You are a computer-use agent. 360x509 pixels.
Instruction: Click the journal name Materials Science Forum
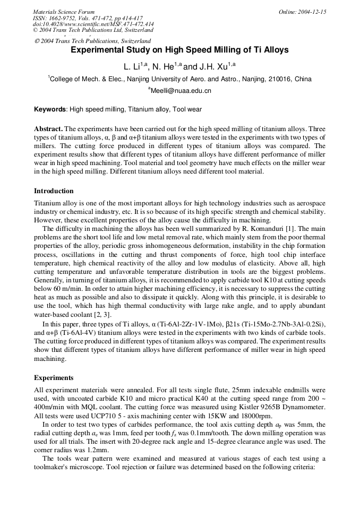coord(64,12)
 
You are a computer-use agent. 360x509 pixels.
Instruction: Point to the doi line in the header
coord(93,24)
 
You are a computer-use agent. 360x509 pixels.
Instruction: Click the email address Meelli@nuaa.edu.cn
coord(181,91)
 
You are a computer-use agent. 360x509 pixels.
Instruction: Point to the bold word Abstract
coord(48,129)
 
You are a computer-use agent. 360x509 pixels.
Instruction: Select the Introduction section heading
coord(54,191)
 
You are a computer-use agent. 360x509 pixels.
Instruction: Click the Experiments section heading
coord(54,378)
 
